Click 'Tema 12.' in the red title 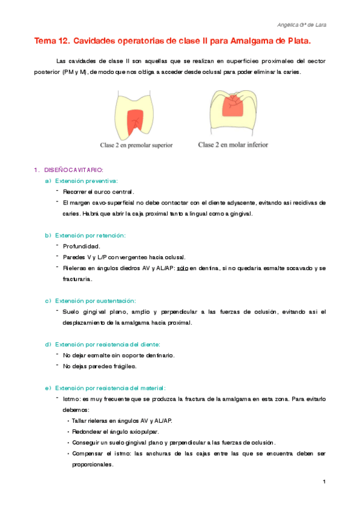(x=52, y=41)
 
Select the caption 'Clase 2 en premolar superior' (x=136, y=145)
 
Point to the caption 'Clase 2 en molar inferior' (x=233, y=145)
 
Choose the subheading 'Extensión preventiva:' (x=87, y=180)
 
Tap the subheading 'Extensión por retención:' (x=91, y=235)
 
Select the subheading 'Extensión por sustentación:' (x=96, y=300)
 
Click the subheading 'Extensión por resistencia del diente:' (x=108, y=345)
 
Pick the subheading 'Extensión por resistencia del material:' (x=110, y=388)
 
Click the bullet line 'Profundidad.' (x=81, y=246)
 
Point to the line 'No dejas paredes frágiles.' (x=100, y=366)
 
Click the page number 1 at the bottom (x=324, y=482)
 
